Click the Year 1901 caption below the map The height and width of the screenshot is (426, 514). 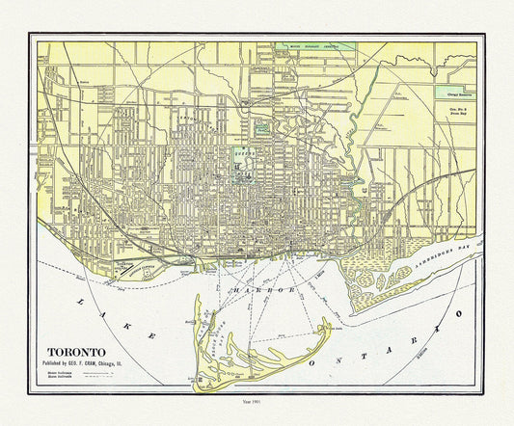pyautogui.click(x=256, y=402)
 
